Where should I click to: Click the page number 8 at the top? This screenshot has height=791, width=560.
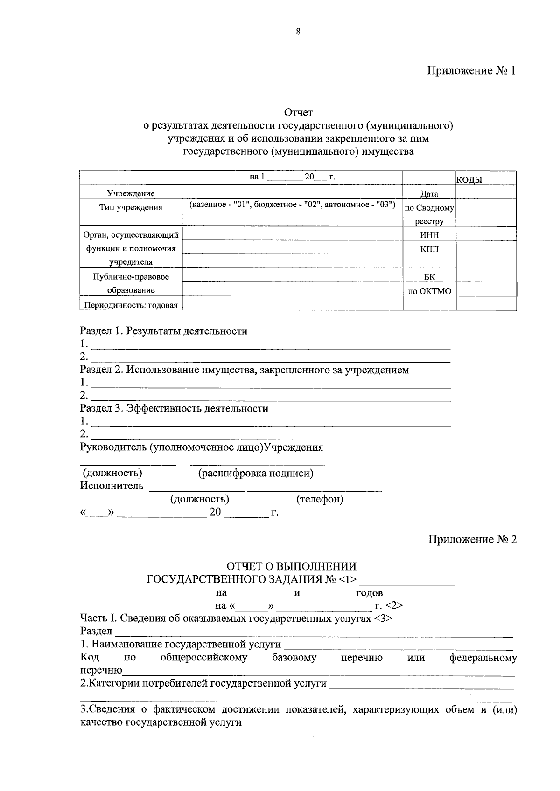click(298, 32)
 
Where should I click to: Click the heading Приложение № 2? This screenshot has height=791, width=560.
click(472, 539)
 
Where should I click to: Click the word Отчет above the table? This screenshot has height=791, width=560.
click(298, 112)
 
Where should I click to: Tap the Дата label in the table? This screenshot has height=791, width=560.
click(429, 193)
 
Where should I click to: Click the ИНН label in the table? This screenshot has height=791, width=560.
click(429, 235)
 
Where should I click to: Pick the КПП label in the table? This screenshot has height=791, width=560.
click(429, 249)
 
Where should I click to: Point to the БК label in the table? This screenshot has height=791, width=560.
click(429, 277)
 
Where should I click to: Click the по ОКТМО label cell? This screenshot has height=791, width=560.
click(429, 291)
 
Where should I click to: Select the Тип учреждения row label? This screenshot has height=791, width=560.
click(131, 207)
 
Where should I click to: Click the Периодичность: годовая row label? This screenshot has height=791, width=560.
click(131, 305)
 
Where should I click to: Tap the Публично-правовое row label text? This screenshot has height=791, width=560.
click(131, 276)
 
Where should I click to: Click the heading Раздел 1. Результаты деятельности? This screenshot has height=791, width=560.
click(164, 331)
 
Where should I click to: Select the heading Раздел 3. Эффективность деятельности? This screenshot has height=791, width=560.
click(174, 408)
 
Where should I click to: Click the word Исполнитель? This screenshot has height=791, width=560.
click(112, 486)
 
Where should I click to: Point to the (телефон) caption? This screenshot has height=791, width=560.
click(320, 499)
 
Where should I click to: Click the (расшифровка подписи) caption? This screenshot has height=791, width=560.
click(255, 473)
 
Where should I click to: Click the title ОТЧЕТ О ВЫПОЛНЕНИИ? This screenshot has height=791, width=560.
click(291, 566)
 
